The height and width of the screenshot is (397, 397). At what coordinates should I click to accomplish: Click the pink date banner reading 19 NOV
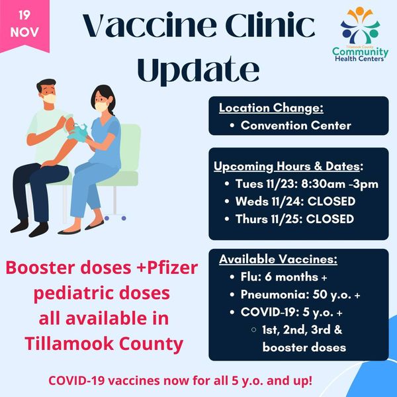tap(24, 25)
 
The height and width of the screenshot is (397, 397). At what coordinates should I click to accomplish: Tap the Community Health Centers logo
tap(360, 34)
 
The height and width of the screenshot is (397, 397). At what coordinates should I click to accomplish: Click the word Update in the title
tap(198, 69)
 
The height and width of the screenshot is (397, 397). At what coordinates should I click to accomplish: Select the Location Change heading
tap(271, 108)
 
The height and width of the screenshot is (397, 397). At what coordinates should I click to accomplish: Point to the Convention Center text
tap(296, 125)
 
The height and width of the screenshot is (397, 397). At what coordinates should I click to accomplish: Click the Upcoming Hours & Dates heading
tap(288, 167)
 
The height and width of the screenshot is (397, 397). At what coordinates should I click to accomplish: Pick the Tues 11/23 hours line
tap(307, 184)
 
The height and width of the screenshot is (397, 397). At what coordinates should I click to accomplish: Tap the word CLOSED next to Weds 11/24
tap(331, 202)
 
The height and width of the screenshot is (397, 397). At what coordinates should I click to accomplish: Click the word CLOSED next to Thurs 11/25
tap(330, 219)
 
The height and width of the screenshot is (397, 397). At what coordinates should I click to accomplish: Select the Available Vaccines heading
tap(279, 259)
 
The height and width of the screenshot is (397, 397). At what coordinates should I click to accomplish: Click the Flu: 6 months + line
tap(284, 277)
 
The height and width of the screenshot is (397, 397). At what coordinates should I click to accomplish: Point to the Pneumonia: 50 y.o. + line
tap(300, 294)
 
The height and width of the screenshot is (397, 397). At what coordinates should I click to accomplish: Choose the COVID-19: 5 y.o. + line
tap(291, 312)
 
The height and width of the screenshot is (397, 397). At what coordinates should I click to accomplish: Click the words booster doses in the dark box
tap(304, 347)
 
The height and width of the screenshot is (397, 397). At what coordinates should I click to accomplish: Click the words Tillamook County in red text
tap(104, 344)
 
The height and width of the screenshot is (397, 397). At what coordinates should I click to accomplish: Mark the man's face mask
tap(49, 98)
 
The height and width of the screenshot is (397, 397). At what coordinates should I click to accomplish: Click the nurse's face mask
tap(101, 107)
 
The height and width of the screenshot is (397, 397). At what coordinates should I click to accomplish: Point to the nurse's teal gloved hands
tap(77, 132)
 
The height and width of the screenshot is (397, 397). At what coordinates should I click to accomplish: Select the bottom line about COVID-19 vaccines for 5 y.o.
tap(180, 381)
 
